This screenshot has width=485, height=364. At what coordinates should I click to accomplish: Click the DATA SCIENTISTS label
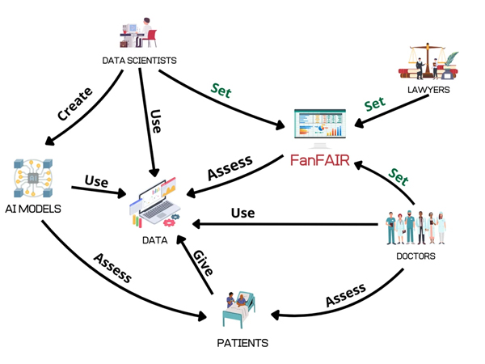[140, 61]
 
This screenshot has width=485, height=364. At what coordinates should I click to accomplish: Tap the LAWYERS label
[428, 90]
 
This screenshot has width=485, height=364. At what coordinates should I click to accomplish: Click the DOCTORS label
[415, 256]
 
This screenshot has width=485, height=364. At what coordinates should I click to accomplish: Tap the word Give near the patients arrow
[202, 265]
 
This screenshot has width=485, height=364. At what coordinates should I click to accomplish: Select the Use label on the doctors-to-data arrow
[243, 214]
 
